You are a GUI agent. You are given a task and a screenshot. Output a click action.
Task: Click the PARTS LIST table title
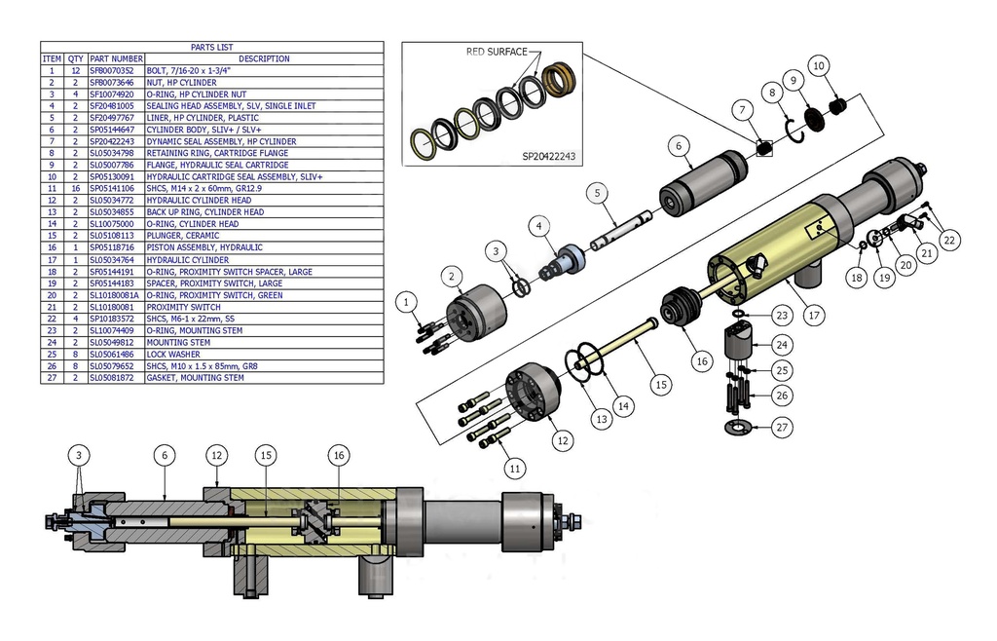(211, 47)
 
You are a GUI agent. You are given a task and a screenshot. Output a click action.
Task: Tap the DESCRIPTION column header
(263, 58)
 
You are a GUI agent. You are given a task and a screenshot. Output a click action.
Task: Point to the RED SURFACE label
(497, 52)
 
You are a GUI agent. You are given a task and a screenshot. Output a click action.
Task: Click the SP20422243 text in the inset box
(549, 155)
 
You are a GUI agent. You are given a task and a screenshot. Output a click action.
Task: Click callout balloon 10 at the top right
(819, 66)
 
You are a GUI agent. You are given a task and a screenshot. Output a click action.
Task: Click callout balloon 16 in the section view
(338, 455)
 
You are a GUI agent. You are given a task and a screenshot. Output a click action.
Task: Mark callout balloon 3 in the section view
(81, 455)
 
